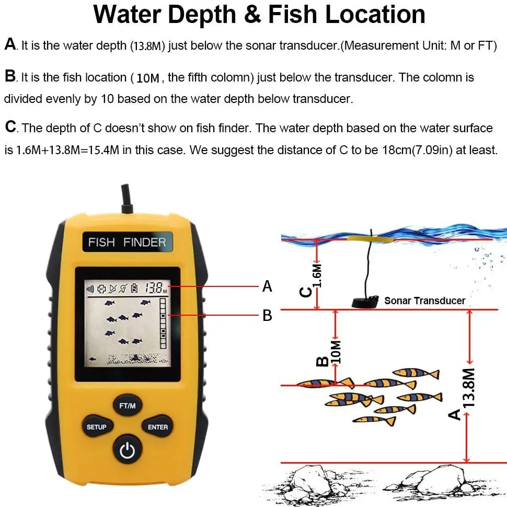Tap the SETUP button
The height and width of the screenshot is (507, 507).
pos(96,427)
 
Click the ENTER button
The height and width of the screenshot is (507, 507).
pos(158,427)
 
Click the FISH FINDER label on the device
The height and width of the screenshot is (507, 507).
pos(127,242)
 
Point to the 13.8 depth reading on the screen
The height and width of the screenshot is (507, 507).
pos(155,287)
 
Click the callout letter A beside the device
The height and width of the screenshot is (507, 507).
pos(267,286)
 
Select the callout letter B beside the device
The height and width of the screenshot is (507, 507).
pos(267,315)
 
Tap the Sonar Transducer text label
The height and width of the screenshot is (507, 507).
pos(424,301)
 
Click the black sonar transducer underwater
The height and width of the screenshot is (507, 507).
pos(365,302)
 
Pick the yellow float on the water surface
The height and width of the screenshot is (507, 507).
pos(372,237)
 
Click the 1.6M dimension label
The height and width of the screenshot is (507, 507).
pos(317,275)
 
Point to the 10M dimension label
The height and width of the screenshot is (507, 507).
pos(336,352)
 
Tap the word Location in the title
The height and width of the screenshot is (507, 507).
pos(375,15)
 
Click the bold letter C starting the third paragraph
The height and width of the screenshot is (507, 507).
pos(10,127)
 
